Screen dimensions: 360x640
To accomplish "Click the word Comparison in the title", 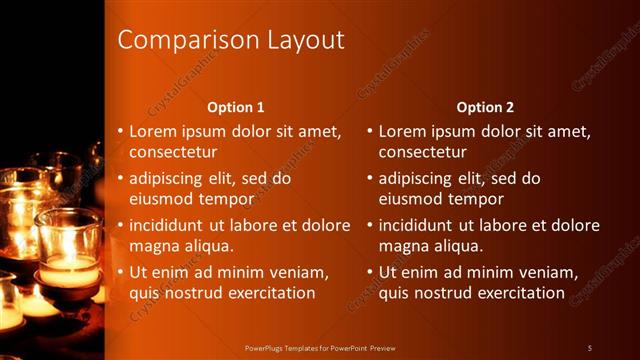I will point(175,40).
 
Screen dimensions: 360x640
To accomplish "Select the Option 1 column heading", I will point(236,106).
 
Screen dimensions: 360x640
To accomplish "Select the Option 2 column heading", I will point(485,106).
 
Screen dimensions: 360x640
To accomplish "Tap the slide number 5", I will point(590,347).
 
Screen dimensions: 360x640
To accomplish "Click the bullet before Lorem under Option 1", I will point(120,131).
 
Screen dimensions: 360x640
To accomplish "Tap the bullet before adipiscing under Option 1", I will point(120,178).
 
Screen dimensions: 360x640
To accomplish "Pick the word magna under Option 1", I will point(152,246).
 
